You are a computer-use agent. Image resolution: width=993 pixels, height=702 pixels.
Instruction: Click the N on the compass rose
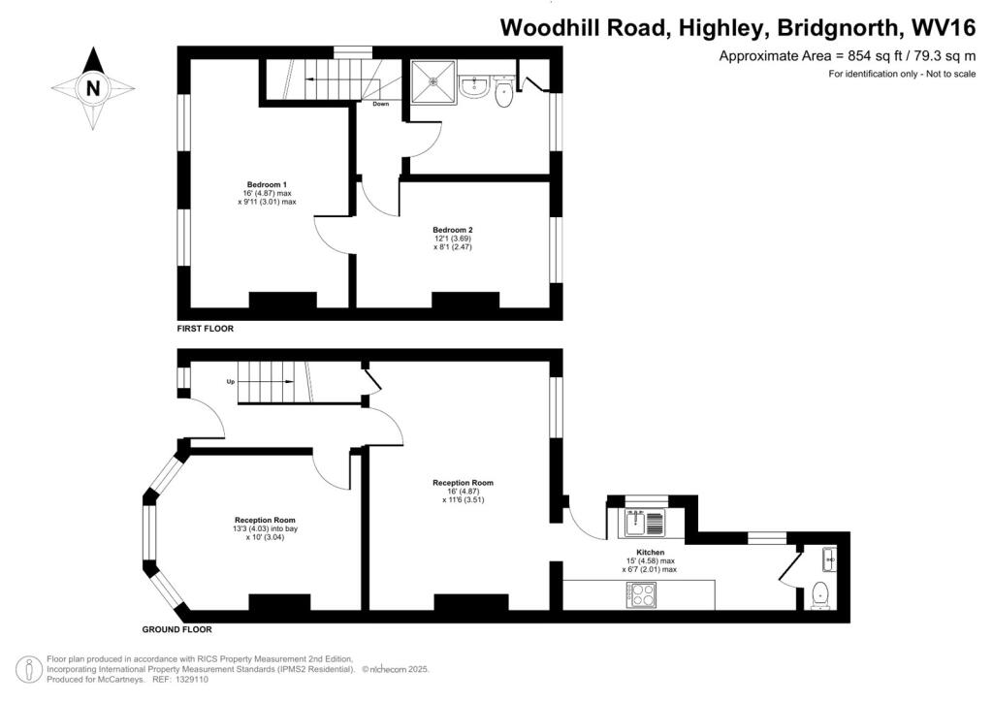[93, 88]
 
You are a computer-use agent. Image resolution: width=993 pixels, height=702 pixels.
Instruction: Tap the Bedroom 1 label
[267, 185]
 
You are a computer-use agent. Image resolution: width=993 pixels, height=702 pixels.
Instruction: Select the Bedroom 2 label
[453, 230]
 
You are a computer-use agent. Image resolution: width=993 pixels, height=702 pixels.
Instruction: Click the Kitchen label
[651, 553]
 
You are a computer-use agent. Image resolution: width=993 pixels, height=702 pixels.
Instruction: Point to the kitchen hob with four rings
[642, 595]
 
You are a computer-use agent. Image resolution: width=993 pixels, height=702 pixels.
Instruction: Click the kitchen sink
[645, 523]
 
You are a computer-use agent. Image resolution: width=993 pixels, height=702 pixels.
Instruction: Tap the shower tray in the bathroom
[433, 81]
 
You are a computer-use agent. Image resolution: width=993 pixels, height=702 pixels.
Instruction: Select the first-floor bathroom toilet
[503, 92]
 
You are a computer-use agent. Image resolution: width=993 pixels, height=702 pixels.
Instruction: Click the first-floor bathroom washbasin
[473, 87]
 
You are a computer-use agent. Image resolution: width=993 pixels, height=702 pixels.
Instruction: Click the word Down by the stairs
[380, 104]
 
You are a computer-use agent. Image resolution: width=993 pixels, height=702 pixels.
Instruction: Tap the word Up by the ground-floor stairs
[231, 382]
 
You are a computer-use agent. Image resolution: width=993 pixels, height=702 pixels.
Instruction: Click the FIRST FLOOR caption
[206, 329]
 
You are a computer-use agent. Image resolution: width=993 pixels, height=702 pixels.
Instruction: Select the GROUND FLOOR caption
[176, 629]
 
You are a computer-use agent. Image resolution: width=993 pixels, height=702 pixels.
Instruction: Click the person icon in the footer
[29, 669]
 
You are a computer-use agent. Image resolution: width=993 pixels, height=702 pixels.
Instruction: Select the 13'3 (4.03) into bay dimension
[265, 528]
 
